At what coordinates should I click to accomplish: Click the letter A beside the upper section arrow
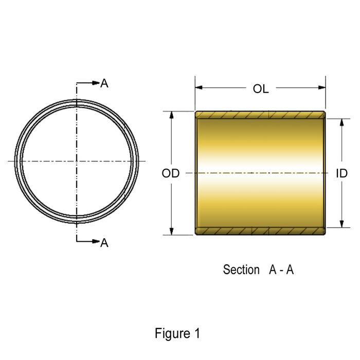[x=104, y=83]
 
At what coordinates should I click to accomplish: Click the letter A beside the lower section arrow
[x=104, y=243]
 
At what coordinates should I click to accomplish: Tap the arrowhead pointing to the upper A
[x=95, y=83]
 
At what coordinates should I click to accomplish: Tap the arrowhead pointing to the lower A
[x=95, y=241]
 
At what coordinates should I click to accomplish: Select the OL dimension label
[x=261, y=89]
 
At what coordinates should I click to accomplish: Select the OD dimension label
[x=171, y=174]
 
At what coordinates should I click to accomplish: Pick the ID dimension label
[x=341, y=174]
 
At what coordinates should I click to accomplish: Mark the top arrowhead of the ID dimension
[x=341, y=122]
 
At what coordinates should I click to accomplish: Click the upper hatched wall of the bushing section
[x=260, y=114]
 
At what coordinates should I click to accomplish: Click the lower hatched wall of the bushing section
[x=260, y=231]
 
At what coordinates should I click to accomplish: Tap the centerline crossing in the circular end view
[x=77, y=161]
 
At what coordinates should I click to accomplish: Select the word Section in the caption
[x=241, y=269]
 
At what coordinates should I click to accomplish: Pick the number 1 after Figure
[x=197, y=333]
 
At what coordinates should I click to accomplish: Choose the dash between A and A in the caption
[x=281, y=270]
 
